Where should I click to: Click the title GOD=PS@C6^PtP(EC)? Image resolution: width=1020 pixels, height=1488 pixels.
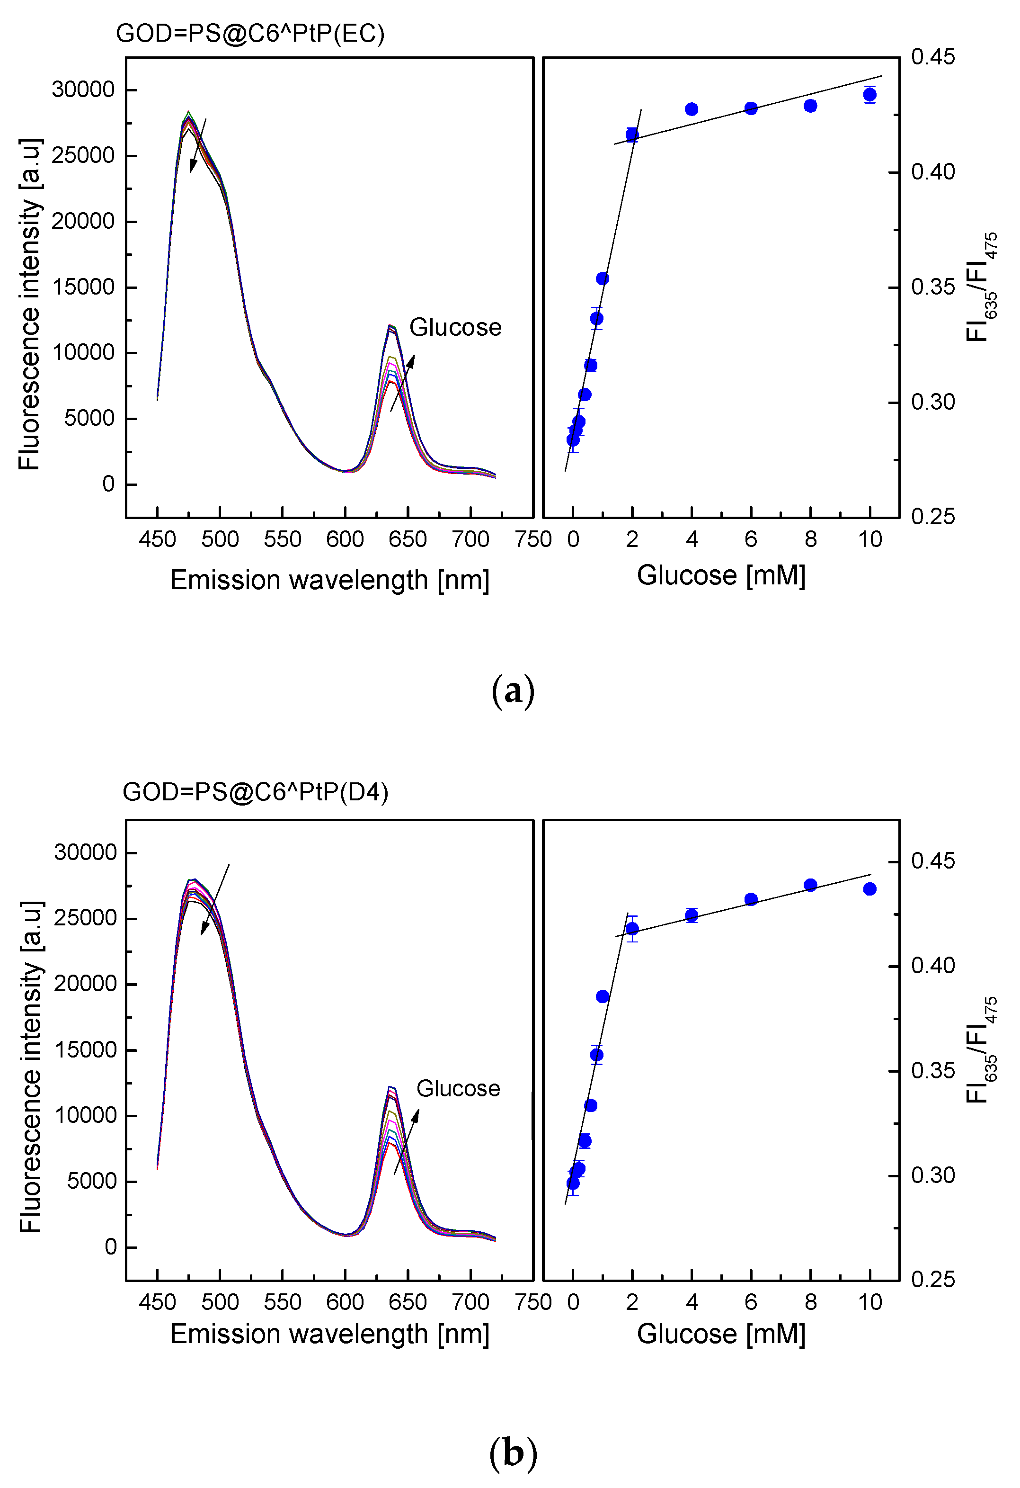[250, 33]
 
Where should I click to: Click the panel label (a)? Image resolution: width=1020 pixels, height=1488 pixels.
[513, 691]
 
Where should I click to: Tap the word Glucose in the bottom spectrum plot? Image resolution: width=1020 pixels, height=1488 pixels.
[458, 1088]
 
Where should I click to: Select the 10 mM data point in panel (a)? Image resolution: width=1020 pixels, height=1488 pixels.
[869, 95]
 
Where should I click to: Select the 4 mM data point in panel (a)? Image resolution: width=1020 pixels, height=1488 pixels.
[691, 109]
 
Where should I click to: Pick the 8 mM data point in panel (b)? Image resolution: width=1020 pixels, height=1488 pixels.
[810, 885]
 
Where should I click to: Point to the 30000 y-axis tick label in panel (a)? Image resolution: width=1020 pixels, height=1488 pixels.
[83, 90]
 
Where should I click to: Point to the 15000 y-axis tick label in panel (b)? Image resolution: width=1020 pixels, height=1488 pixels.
[85, 1049]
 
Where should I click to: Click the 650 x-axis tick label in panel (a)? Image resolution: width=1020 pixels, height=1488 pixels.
[408, 539]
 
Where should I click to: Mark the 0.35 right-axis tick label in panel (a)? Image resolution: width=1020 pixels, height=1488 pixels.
[932, 287]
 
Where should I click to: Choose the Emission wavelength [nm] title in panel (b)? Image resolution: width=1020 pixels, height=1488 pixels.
[329, 1334]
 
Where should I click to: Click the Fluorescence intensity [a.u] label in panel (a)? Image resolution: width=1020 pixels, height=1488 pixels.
[29, 304]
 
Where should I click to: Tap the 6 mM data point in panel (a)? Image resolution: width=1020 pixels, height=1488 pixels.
[751, 108]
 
